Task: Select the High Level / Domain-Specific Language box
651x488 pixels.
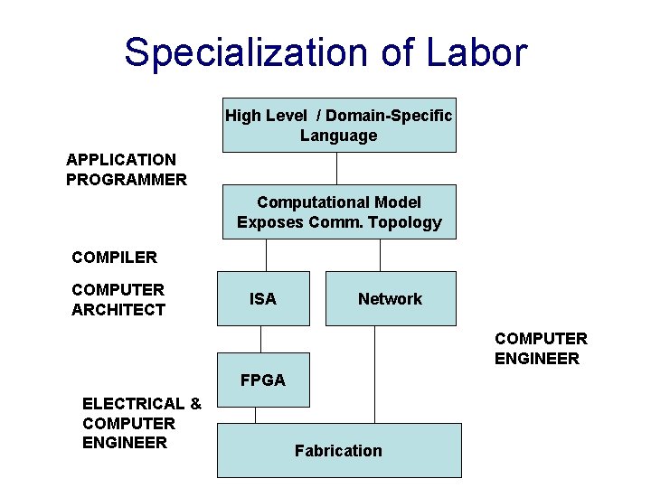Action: coord(339,126)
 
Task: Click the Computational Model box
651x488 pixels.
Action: coord(339,212)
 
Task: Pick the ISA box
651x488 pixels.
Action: coord(263,298)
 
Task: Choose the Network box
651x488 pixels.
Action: coord(390,298)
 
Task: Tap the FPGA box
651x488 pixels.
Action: coord(263,380)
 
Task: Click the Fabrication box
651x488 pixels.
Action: coord(339,450)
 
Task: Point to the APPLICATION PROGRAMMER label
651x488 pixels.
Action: coord(127,169)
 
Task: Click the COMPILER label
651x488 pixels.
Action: coord(114,258)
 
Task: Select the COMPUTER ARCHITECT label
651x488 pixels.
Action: coord(118,300)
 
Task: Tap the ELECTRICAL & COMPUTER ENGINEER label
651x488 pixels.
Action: coord(141,423)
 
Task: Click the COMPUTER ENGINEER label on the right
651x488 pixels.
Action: coord(541,349)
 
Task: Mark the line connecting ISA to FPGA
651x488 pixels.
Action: coord(260,339)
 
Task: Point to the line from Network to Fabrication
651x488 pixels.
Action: coord(375,374)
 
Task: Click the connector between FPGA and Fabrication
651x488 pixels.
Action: coord(255,415)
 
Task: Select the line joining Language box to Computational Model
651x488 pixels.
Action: coord(337,168)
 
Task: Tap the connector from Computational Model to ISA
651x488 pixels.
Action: coord(259,255)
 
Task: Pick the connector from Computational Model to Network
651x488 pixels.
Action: coord(381,255)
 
